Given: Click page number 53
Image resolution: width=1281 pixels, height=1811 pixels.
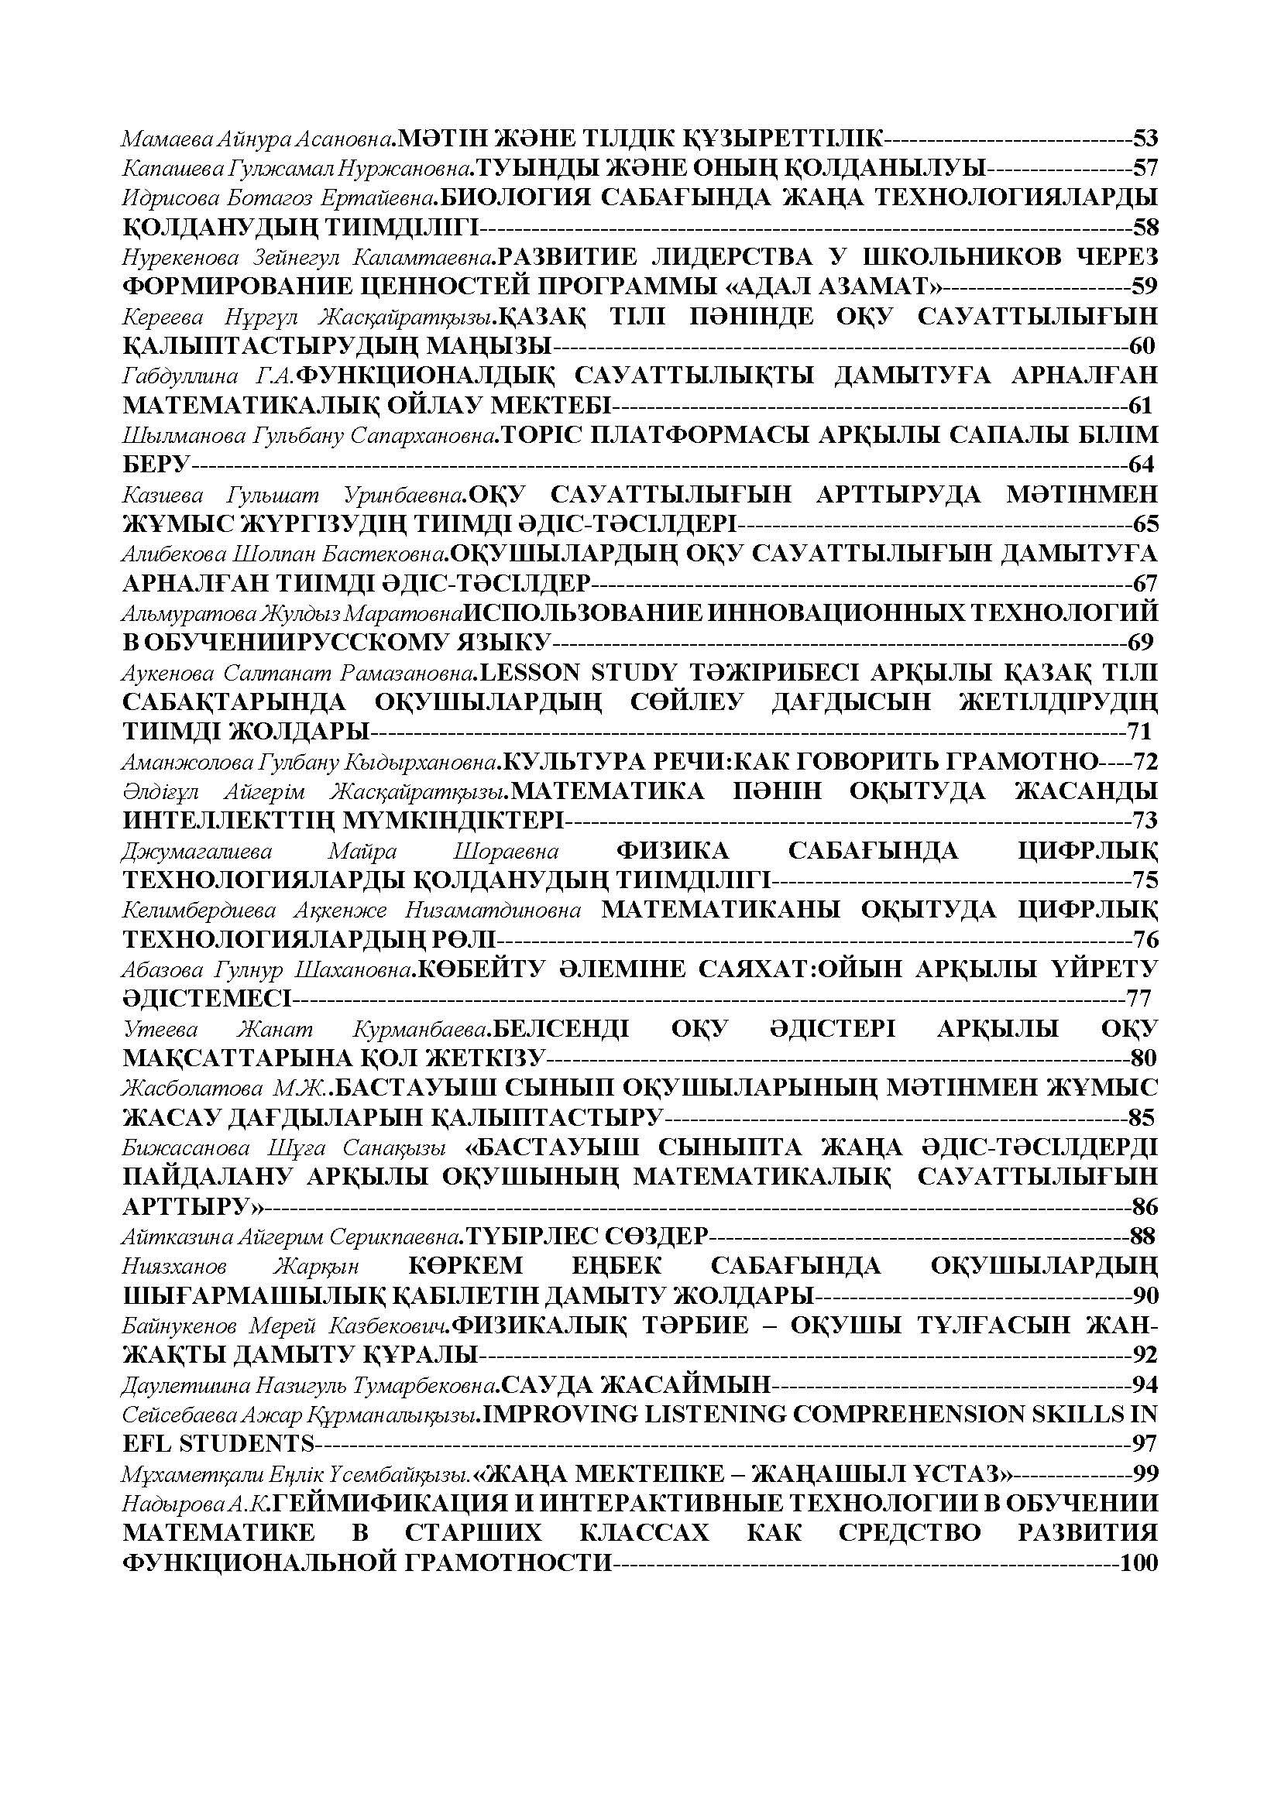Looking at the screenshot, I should point(1145,139).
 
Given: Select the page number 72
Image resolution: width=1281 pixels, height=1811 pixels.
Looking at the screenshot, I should point(1145,762).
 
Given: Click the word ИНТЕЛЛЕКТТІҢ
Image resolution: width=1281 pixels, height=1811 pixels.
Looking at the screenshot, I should point(233,821).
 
